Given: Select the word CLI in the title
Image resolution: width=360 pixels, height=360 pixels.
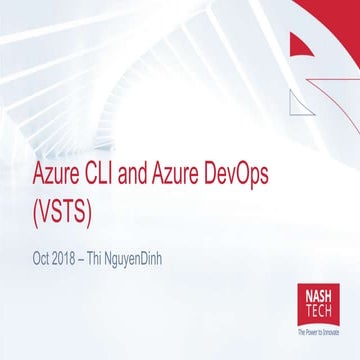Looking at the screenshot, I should [x=116, y=177].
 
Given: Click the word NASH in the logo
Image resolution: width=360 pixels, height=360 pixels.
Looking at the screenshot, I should [x=316, y=297].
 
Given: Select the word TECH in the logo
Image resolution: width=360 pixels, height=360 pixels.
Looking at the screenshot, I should [x=316, y=311].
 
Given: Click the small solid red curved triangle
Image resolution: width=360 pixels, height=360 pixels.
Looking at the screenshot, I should [x=303, y=45].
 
